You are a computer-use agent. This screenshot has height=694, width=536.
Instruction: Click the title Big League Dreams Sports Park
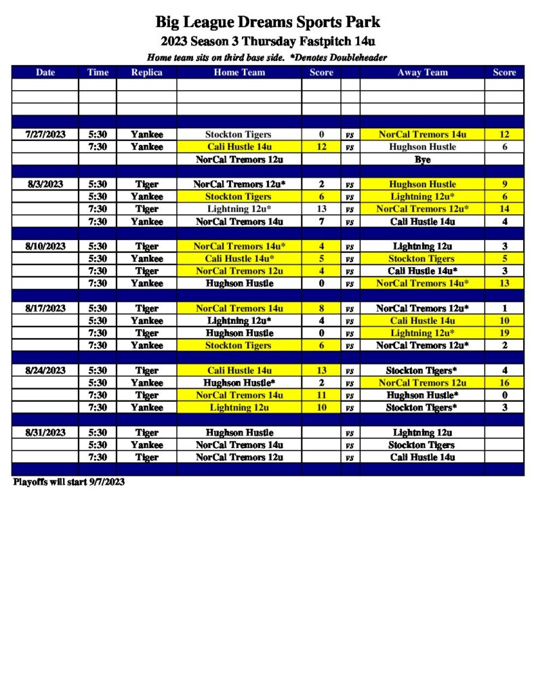click(268, 22)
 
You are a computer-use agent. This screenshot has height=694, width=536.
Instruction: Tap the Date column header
click(45, 73)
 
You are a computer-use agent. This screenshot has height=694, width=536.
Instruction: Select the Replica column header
click(146, 73)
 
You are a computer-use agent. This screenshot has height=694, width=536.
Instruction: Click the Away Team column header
click(422, 73)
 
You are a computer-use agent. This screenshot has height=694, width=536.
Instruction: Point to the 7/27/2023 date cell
click(45, 134)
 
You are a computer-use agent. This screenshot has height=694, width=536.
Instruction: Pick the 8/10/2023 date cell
click(45, 246)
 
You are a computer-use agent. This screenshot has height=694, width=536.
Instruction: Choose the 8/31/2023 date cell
click(45, 432)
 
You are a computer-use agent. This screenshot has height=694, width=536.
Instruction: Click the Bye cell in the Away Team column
click(422, 160)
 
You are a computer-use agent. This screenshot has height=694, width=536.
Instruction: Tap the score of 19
click(504, 333)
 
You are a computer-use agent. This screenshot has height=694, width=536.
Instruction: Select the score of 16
click(504, 383)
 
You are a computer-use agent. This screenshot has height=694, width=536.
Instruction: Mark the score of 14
click(504, 209)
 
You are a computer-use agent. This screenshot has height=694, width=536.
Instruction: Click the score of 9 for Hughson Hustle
click(504, 184)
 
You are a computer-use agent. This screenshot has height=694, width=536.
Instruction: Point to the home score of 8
click(321, 308)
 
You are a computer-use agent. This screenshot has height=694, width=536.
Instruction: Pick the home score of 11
click(321, 395)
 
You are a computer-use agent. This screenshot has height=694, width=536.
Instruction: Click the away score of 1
click(504, 308)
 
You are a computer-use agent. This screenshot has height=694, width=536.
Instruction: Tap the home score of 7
click(321, 221)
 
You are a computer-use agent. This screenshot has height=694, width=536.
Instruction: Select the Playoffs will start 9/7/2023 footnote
click(68, 482)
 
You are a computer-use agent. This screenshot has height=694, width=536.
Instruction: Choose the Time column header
click(98, 73)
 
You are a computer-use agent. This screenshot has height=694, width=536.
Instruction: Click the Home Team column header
click(239, 73)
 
